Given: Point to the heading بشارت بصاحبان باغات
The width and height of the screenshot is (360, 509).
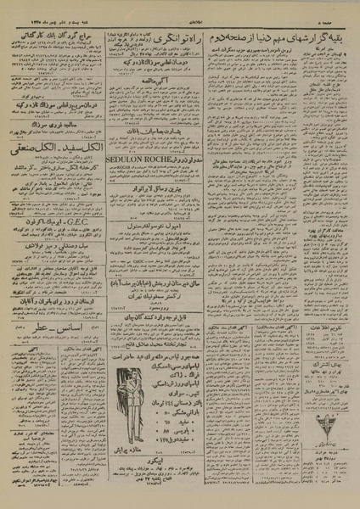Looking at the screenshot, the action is coord(153,132).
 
